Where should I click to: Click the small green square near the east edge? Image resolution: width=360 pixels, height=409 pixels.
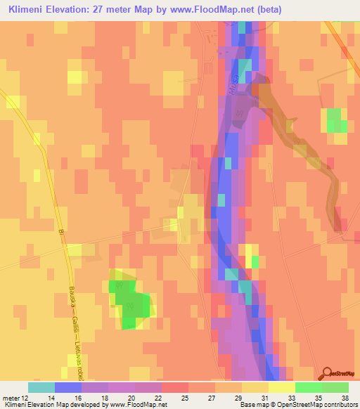336,120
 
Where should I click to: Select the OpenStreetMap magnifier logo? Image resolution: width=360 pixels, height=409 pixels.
328,375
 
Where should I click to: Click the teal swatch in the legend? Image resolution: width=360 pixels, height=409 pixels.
41,387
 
